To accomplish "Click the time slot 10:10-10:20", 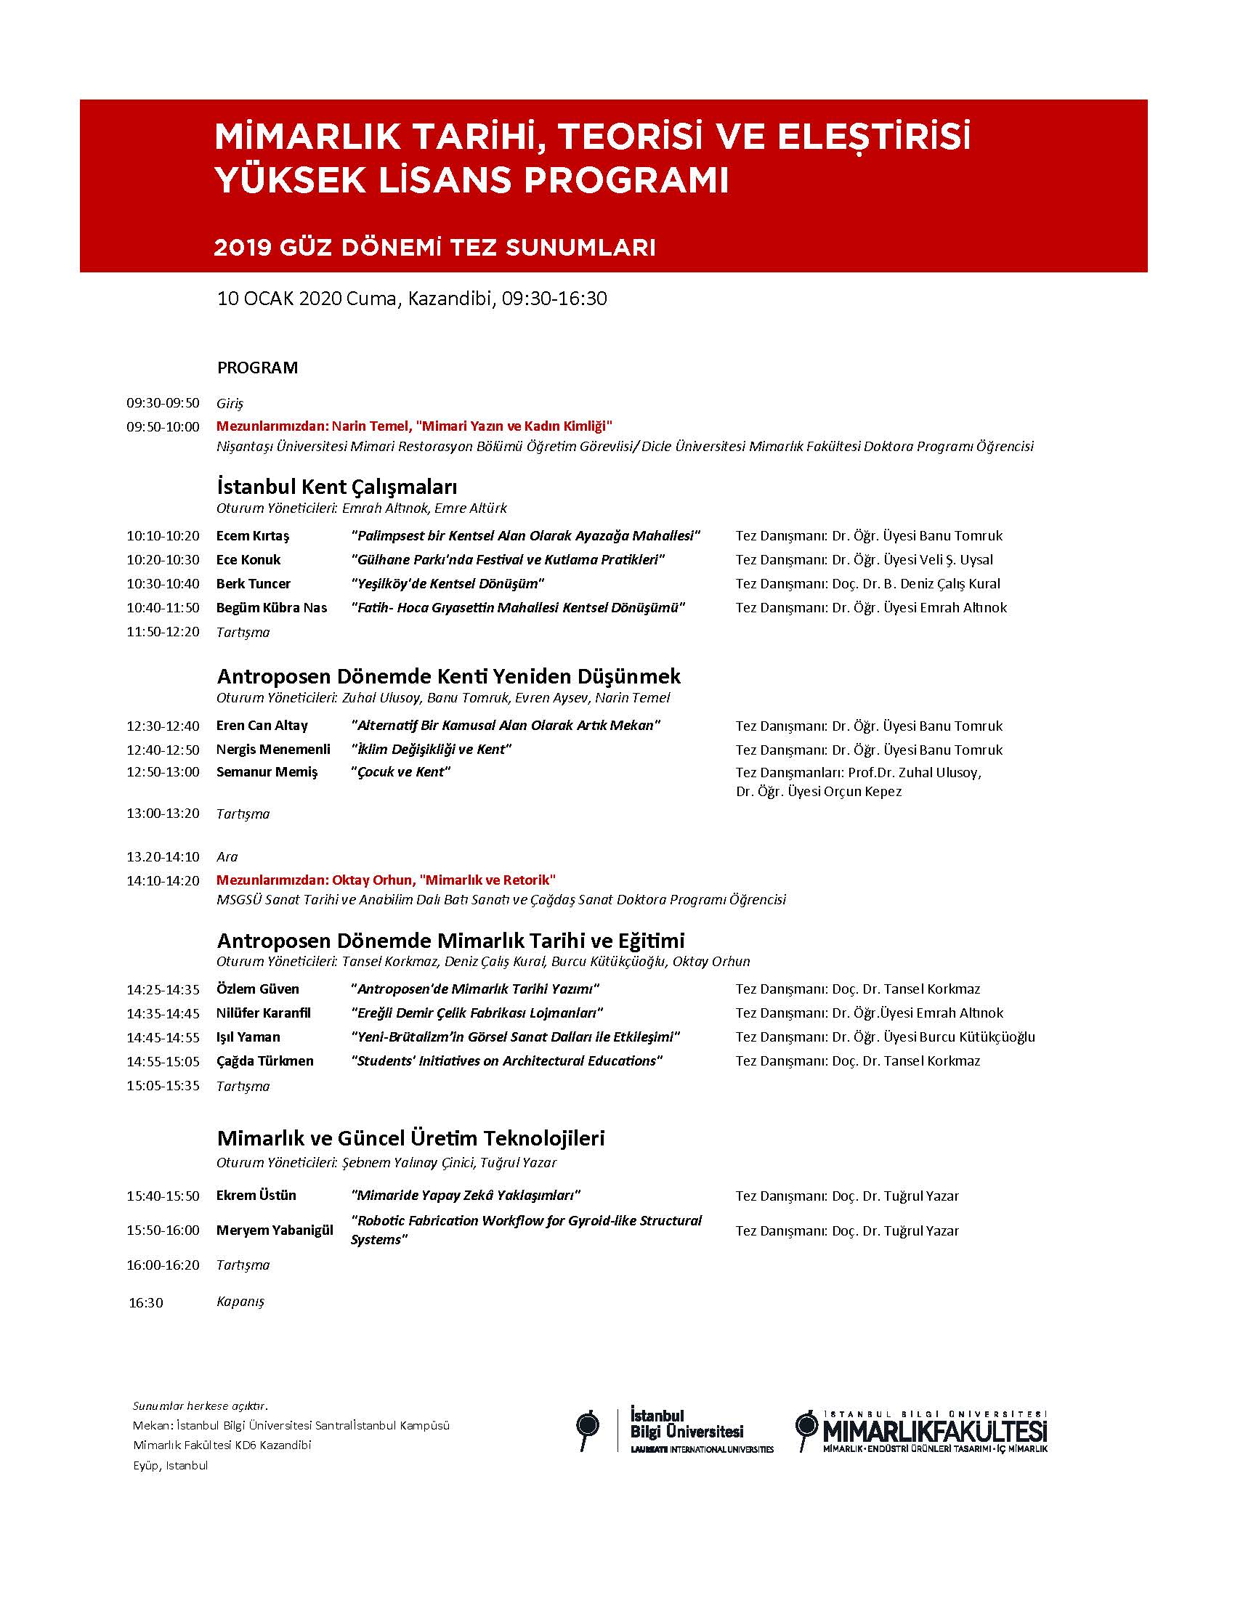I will click(163, 535).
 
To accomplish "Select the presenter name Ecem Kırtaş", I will click(253, 535).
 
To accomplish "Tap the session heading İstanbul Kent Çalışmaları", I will click(336, 487).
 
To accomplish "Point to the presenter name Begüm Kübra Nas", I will click(272, 607).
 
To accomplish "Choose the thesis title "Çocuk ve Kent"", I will click(400, 772).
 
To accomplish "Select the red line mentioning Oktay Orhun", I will click(386, 880).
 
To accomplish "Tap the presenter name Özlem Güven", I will click(258, 989).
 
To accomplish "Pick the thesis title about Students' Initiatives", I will click(506, 1061).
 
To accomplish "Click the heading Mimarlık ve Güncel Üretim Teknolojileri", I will click(410, 1138).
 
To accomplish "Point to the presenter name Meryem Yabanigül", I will click(275, 1230).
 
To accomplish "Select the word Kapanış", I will click(240, 1302).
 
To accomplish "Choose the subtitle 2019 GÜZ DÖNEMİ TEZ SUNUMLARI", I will click(434, 248).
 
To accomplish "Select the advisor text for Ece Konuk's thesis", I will click(864, 560).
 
